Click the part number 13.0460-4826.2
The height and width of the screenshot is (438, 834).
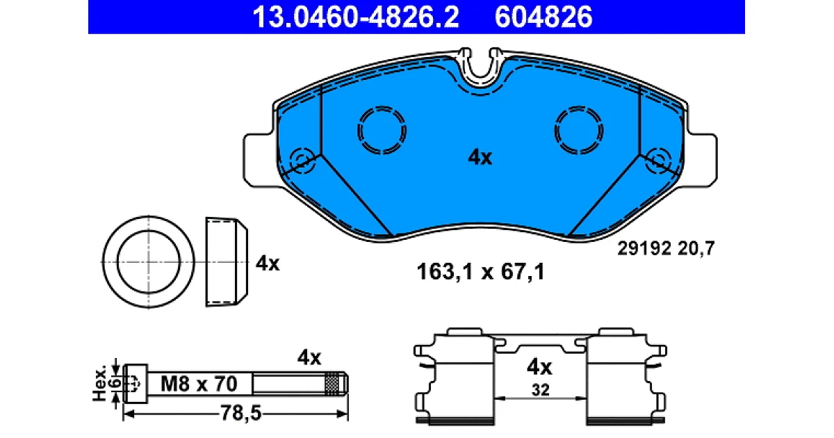pos(356,17)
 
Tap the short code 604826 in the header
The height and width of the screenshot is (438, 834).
pos(543,17)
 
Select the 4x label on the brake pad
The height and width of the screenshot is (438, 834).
pos(480,157)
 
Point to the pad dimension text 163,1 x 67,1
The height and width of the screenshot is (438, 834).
pos(481,271)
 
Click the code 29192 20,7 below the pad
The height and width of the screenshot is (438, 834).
pos(666,248)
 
